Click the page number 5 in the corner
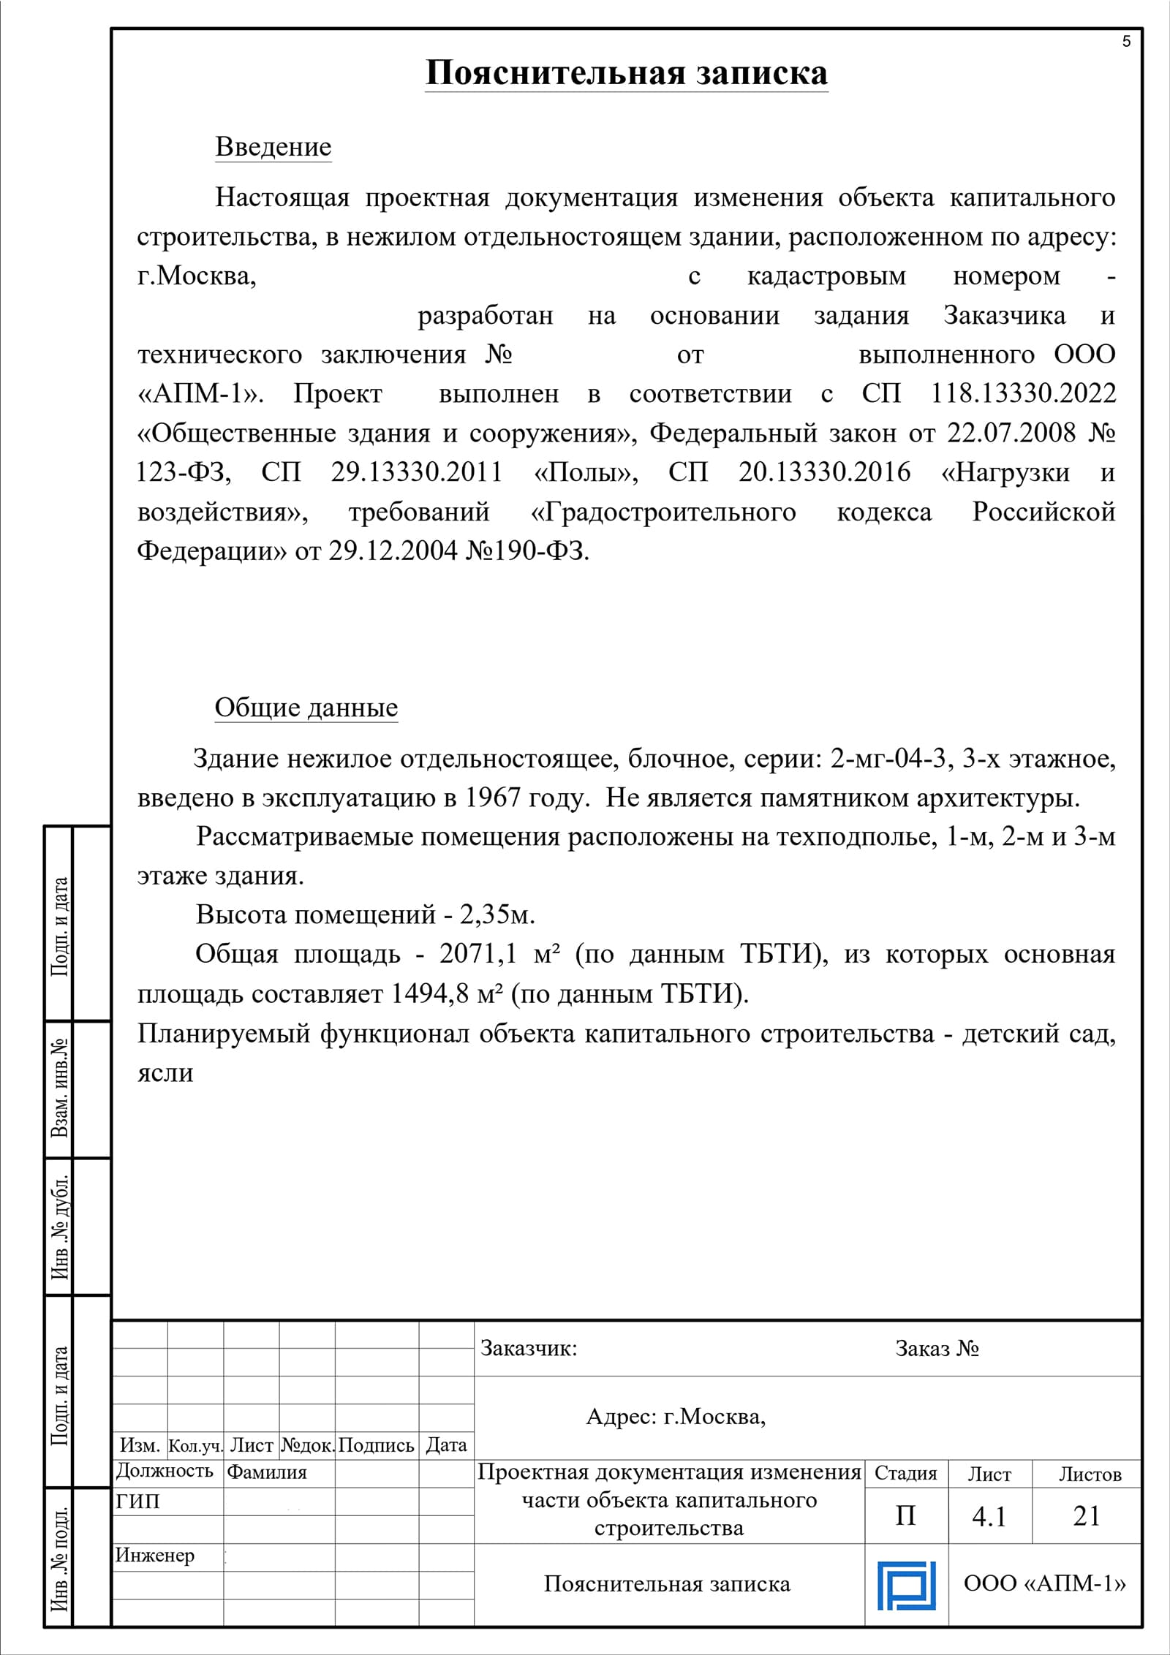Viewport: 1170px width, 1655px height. tap(1126, 42)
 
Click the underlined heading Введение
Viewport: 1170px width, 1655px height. tap(273, 147)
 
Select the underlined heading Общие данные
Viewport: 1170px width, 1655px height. tap(306, 708)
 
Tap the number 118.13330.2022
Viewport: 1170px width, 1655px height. tap(1023, 394)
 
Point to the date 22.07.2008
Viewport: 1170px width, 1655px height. tap(1011, 433)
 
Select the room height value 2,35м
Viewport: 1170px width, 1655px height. tap(497, 914)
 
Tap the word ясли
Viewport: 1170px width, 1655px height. tap(165, 1073)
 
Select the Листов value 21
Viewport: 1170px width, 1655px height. tap(1087, 1516)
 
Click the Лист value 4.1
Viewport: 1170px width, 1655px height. tap(989, 1517)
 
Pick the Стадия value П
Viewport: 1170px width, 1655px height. tap(905, 1516)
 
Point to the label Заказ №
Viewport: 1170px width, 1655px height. tap(937, 1349)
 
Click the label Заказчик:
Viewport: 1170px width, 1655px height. tap(528, 1349)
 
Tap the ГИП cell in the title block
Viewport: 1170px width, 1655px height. tap(138, 1501)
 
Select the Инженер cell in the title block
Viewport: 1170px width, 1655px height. tap(155, 1556)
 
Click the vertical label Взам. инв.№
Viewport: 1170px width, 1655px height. tap(59, 1088)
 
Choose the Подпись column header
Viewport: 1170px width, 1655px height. tap(377, 1446)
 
